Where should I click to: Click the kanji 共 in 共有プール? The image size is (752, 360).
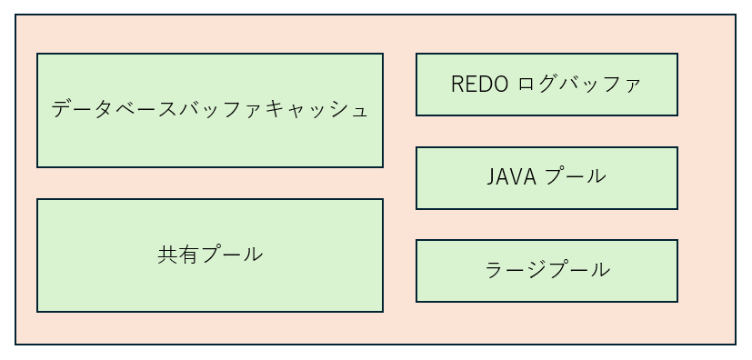[168, 255]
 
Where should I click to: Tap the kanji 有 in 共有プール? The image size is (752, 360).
[189, 255]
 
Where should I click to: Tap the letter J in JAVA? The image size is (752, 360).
[491, 176]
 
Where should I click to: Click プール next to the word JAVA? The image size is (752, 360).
[575, 176]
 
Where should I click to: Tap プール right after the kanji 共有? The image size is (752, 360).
[231, 255]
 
